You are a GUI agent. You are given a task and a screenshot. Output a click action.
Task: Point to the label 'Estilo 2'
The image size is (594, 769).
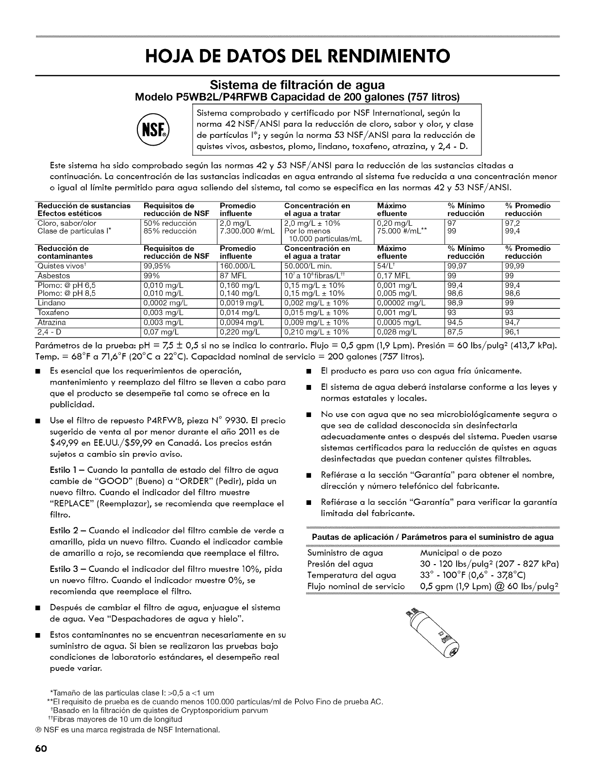click(x=64, y=530)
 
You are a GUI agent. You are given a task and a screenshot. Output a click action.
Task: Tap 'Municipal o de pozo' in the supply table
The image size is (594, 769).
click(x=461, y=552)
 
